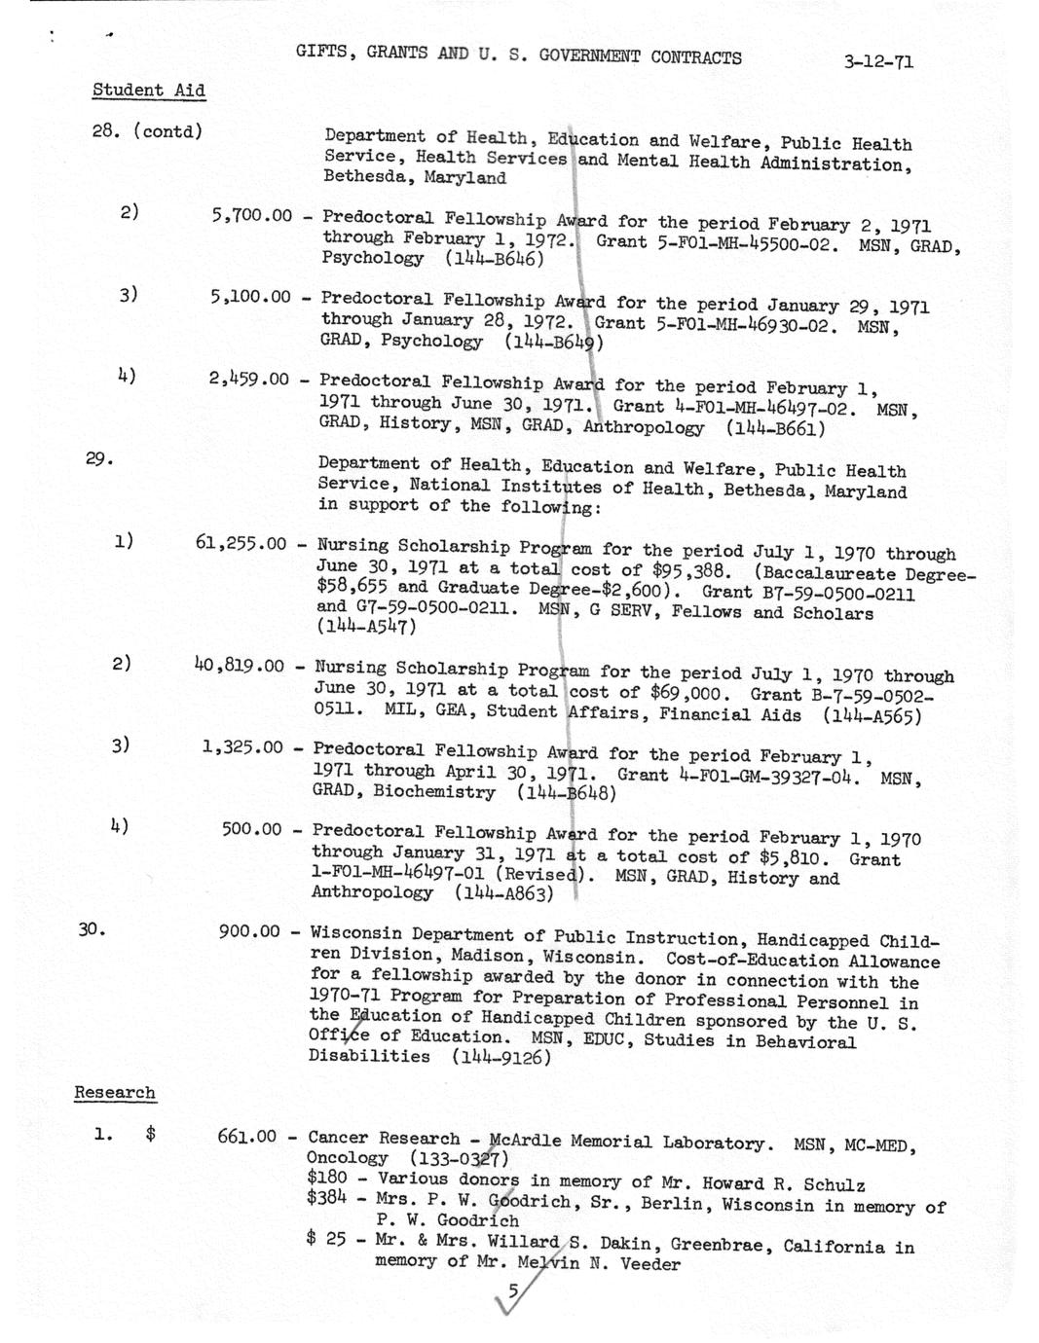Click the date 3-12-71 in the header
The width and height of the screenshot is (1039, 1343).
(x=878, y=62)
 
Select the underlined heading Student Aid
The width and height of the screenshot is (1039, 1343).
(x=148, y=91)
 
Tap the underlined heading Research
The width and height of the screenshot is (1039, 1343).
(x=115, y=1093)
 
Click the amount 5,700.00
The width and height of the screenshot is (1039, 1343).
(x=251, y=215)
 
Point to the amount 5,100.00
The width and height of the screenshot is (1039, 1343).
(x=249, y=297)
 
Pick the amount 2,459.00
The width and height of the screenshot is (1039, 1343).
(x=248, y=379)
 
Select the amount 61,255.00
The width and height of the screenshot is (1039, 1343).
(x=241, y=543)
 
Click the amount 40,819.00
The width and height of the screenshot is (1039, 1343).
(x=239, y=666)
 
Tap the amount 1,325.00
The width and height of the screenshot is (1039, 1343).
(x=242, y=747)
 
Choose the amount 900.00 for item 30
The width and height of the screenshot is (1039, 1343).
(x=250, y=932)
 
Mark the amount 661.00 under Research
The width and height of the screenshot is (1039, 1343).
(x=246, y=1137)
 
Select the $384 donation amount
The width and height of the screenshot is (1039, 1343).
(x=326, y=1199)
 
